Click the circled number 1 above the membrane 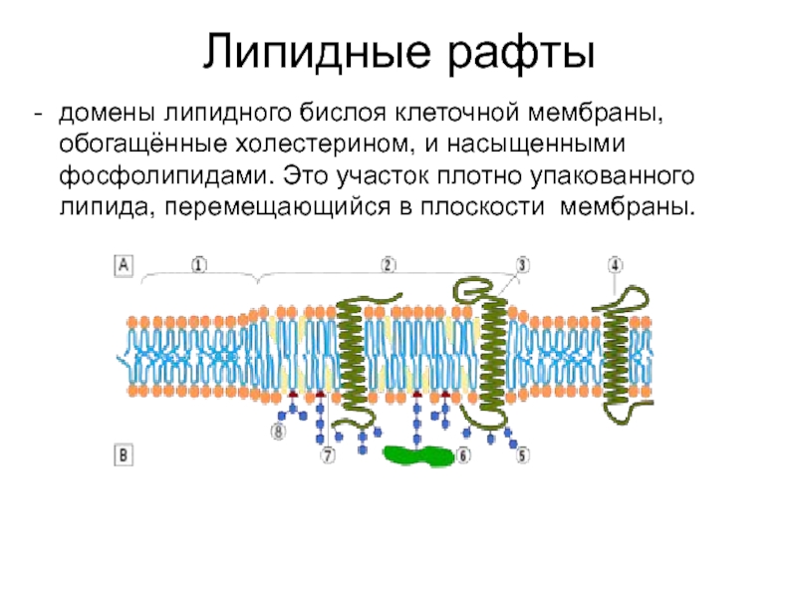click(x=198, y=265)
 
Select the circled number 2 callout click(x=388, y=265)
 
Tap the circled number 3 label click(x=522, y=265)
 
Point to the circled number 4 click(x=616, y=265)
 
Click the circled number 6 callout click(x=462, y=455)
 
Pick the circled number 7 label click(x=327, y=455)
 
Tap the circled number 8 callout click(x=277, y=432)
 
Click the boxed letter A click(x=125, y=265)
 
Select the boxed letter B click(x=125, y=455)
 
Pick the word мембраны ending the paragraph click(x=625, y=208)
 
